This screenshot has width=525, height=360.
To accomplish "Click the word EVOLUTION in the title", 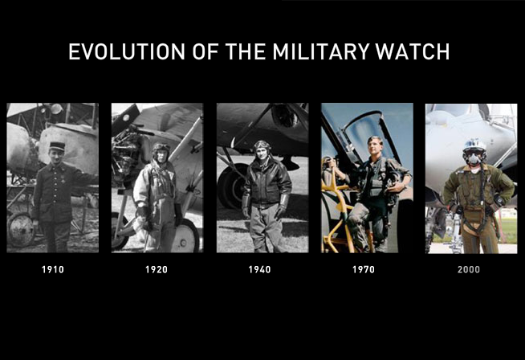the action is coord(127,51).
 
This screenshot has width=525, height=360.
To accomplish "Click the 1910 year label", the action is coord(52,269).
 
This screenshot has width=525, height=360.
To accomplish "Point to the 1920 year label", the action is coord(157,269).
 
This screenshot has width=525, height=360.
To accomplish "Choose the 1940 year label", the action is coord(259,269).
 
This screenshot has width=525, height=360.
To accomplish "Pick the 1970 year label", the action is coord(364,269).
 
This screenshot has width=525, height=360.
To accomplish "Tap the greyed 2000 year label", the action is coord(469,269).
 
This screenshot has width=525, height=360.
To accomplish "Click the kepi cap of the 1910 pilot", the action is coord(57,145).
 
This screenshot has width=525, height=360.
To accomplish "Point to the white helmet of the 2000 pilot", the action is coord(474,145).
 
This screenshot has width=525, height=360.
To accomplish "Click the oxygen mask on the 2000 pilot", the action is coord(473,158).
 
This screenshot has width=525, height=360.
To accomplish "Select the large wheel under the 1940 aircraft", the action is coord(232,186).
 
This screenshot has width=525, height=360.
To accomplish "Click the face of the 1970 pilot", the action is coord(373,145).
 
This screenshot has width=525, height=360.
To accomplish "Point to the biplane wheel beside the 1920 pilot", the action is coord(185,235).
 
